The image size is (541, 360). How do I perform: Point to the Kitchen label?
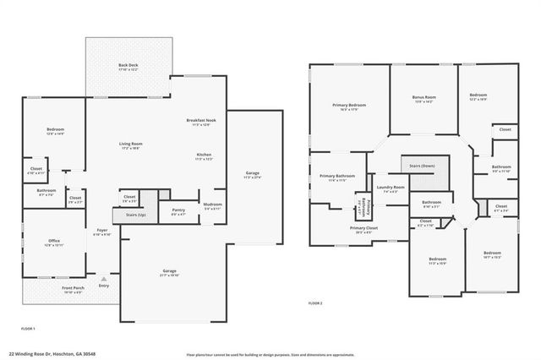pyautogui.click(x=204, y=155)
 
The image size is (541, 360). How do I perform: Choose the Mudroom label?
pyautogui.click(x=212, y=205)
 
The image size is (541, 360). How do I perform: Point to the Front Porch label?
pyautogui.click(x=73, y=288)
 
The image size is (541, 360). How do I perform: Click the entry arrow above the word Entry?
pyautogui.click(x=104, y=277)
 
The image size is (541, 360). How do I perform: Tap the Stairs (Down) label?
pyautogui.click(x=422, y=166)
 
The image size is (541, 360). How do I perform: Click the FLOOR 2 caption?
pyautogui.click(x=315, y=303)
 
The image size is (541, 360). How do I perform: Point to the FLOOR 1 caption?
pyautogui.click(x=28, y=327)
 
